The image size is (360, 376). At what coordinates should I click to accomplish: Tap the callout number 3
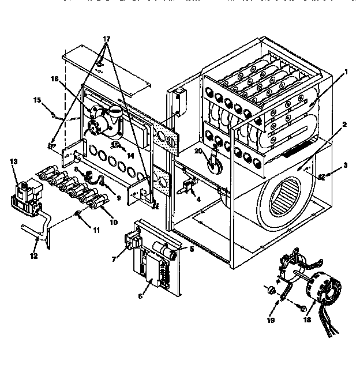pyautogui.click(x=346, y=166)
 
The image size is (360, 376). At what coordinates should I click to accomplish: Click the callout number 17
pyautogui.click(x=106, y=41)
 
